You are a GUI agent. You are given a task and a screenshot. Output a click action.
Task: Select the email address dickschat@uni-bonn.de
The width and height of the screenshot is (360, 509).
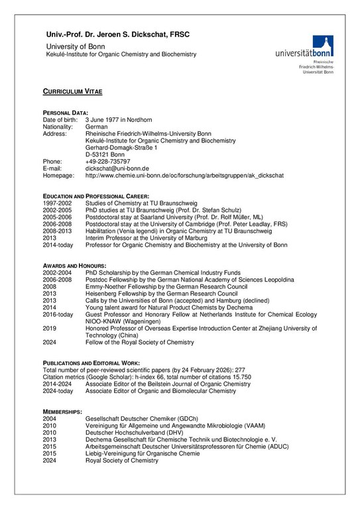click(x=117, y=168)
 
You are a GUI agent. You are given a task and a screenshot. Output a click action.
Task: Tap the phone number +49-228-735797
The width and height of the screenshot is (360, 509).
click(x=108, y=161)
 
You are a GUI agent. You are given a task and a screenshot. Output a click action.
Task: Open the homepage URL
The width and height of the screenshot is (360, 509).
click(x=184, y=176)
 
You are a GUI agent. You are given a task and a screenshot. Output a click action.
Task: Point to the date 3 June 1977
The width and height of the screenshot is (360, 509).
click(x=105, y=119)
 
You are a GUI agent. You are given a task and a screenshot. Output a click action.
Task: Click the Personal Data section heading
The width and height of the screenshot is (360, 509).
click(x=65, y=113)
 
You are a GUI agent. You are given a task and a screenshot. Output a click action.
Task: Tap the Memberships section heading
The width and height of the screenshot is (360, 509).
click(x=62, y=412)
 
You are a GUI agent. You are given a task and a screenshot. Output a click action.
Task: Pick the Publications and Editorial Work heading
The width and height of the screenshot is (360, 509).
click(x=91, y=363)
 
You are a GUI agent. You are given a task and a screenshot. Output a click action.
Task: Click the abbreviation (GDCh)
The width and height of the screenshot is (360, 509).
click(x=188, y=419)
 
